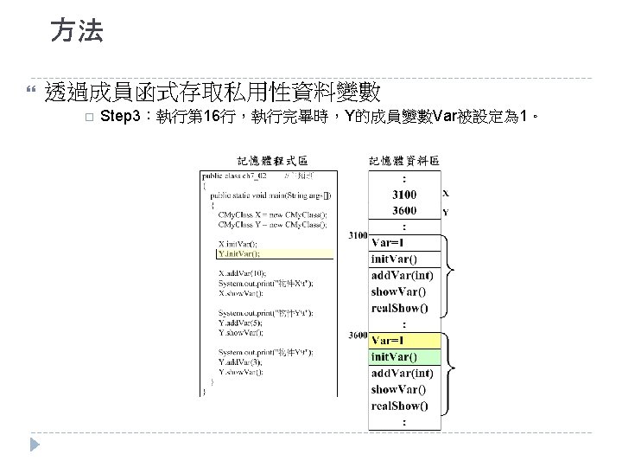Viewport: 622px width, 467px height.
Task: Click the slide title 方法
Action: tap(76, 32)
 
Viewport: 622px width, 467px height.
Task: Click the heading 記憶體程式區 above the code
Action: tap(272, 160)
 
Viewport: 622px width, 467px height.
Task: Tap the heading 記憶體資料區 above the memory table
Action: tap(404, 160)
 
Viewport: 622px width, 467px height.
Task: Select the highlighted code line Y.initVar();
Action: tap(239, 254)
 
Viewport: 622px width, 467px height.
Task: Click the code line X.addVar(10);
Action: tap(243, 272)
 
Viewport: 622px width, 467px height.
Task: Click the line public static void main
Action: tap(269, 195)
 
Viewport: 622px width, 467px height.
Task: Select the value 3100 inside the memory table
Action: tap(404, 194)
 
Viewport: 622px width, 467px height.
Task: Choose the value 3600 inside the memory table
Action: tap(404, 210)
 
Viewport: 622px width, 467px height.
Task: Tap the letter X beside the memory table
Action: tap(446, 194)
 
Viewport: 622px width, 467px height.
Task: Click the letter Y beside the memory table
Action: tap(446, 212)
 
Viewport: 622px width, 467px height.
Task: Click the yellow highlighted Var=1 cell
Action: tap(388, 340)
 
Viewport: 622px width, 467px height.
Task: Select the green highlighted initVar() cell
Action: tap(394, 356)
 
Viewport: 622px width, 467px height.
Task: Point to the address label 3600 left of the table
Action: tap(357, 334)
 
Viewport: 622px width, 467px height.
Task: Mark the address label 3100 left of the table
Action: tap(357, 235)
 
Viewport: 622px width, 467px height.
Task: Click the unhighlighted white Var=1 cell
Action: tap(388, 242)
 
